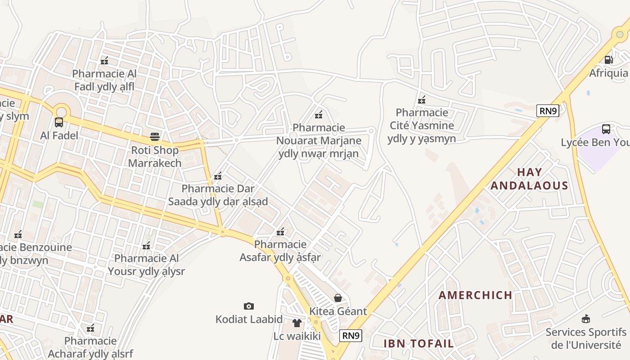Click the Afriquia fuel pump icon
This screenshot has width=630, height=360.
pos(608,59)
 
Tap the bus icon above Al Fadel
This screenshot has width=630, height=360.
pos(59,122)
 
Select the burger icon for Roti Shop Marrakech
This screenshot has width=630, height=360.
pos(155,136)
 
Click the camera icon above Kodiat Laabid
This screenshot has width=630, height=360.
pos(248,306)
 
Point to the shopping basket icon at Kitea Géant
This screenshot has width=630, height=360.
pos(338,297)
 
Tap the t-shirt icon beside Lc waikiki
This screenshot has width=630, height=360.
pos(297,323)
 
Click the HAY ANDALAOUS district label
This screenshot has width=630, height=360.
pos(529,179)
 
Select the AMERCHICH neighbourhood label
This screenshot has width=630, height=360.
pos(475,295)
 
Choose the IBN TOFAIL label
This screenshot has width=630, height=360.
pos(418,343)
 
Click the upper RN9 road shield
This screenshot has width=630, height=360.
pos(548,111)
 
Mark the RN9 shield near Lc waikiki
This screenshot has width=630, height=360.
pos(351,335)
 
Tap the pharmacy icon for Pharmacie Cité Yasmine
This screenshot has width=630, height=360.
pos(422,99)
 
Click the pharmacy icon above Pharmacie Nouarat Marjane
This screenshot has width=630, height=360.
pos(319,114)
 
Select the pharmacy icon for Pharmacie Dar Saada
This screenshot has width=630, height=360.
pos(218,175)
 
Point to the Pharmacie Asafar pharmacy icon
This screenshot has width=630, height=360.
pos(280,232)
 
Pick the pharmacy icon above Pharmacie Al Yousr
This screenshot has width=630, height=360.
pos(146,246)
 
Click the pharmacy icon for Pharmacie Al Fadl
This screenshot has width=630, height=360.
pos(104,60)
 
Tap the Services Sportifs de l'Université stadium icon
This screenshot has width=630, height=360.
pos(585,319)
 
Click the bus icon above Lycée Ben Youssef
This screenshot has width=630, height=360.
pos(606,129)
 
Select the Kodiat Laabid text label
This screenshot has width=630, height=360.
pos(249,319)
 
